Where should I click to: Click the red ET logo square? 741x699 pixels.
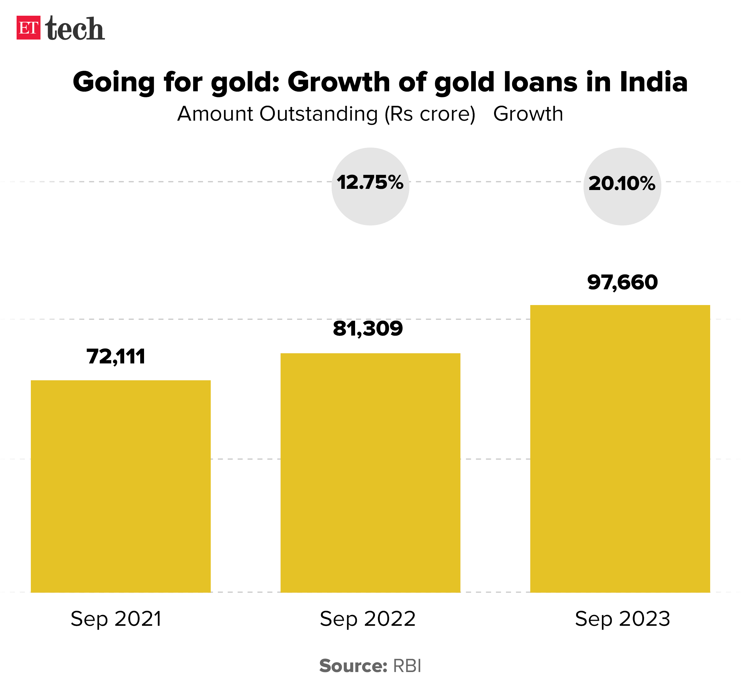click(28, 28)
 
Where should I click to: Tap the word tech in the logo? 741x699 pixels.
click(75, 28)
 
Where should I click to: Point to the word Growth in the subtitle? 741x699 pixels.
click(528, 114)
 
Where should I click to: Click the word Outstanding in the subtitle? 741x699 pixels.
click(319, 114)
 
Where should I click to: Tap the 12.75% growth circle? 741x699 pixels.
click(370, 186)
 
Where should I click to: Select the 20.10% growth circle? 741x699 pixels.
click(622, 186)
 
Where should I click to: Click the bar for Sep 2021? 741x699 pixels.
click(120, 486)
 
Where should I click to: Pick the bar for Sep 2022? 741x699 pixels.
click(370, 472)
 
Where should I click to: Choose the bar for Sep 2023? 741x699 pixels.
click(620, 449)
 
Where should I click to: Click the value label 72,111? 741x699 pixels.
click(116, 356)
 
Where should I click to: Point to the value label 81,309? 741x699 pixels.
click(368, 329)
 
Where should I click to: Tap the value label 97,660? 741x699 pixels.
click(622, 282)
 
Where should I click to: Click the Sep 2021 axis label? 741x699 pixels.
click(116, 619)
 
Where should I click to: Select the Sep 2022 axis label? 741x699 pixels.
click(368, 619)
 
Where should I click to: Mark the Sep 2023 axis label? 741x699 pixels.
click(622, 619)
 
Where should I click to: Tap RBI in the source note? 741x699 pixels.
click(407, 666)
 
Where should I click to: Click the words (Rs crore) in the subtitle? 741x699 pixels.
click(430, 114)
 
